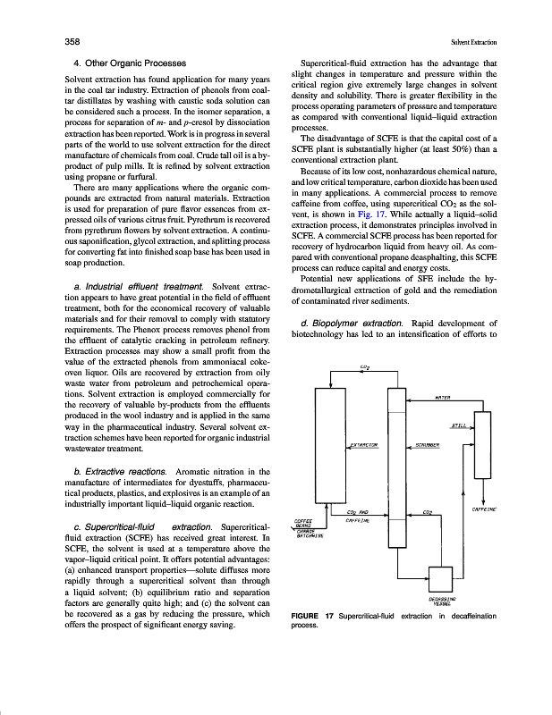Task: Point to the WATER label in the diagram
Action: point(441,396)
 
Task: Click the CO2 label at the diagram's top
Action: point(365,366)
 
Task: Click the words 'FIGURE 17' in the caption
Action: point(313,617)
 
